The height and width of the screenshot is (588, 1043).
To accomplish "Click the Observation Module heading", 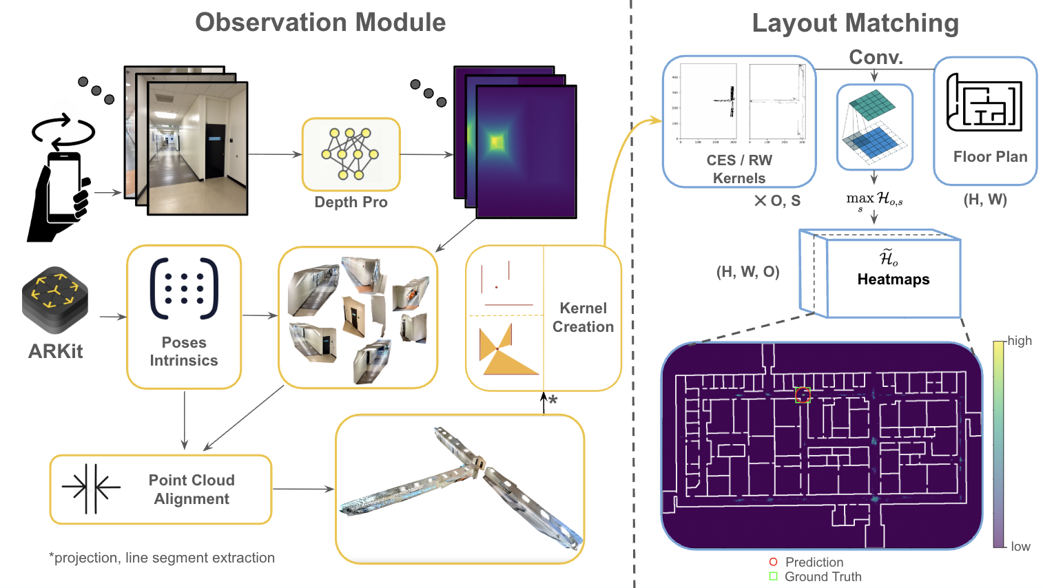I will coord(320,23).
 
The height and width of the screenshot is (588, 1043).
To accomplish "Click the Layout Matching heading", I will coord(855,23).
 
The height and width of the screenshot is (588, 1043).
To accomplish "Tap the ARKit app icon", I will coord(55,300).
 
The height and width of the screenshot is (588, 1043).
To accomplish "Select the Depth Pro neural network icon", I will coord(351,154).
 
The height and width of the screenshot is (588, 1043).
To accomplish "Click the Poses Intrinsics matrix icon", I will coord(184,289).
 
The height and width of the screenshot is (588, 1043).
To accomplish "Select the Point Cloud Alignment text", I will coord(192,490).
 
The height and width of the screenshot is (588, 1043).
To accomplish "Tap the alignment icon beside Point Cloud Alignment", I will coord(91,488).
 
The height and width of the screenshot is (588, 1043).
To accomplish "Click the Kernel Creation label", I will coord(583,317).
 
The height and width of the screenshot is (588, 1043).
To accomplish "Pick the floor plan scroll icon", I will coord(984,103).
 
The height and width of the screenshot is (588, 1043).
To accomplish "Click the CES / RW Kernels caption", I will coord(739,169).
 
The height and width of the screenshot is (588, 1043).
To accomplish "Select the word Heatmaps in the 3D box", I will coord(893,280).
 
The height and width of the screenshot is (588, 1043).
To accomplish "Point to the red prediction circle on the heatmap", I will coord(803,395).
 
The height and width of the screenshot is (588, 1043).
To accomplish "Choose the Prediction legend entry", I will coord(814,563).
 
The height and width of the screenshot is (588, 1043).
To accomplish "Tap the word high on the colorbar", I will coord(1020,341).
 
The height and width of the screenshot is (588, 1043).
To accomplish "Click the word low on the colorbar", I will coord(1020,547).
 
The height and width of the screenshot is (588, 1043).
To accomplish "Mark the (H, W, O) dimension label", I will coord(748,272).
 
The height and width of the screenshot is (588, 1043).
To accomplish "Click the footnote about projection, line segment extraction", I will coord(162,558).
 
